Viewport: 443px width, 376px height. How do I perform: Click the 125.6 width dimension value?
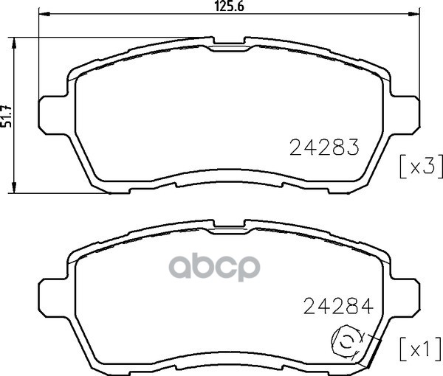click(x=229, y=6)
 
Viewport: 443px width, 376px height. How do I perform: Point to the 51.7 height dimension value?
click(x=7, y=116)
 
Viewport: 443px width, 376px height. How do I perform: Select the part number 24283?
click(x=324, y=147)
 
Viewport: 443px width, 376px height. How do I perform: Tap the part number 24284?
click(x=338, y=306)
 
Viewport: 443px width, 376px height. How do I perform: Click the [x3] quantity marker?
click(x=421, y=167)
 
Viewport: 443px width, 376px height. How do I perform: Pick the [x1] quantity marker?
click(x=421, y=349)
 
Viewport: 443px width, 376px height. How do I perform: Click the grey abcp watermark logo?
click(x=216, y=267)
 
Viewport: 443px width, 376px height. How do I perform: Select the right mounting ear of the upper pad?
click(x=405, y=115)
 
